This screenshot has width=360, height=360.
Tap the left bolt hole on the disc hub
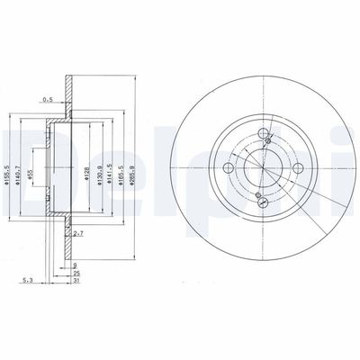[230, 168]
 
